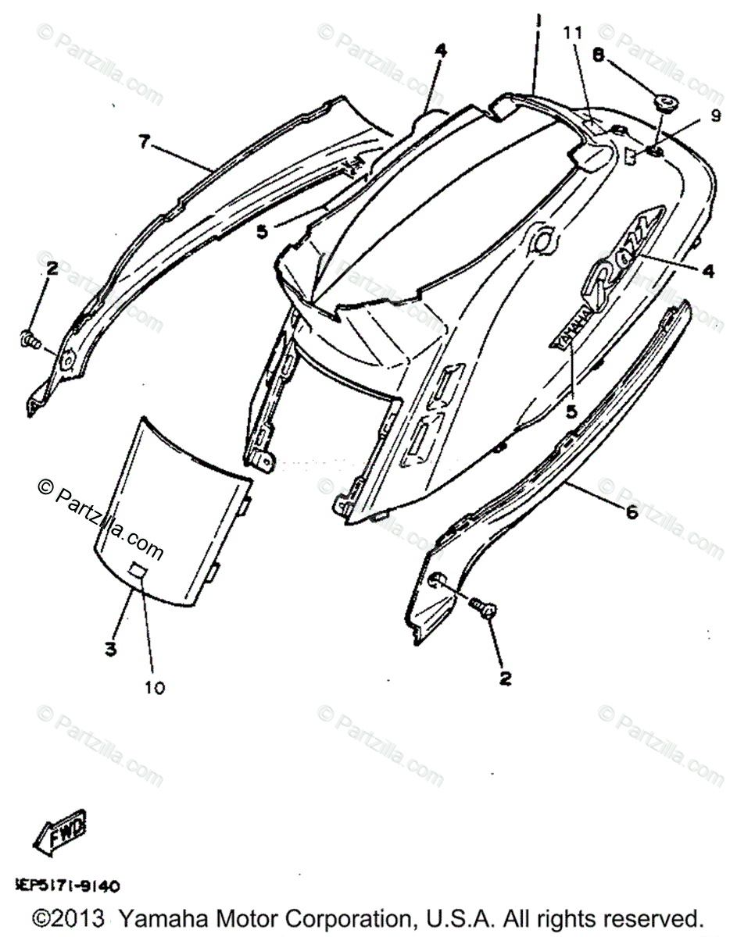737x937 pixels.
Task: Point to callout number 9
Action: pyautogui.click(x=716, y=116)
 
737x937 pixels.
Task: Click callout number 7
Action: pyautogui.click(x=143, y=142)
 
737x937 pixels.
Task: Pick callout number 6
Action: pyautogui.click(x=631, y=513)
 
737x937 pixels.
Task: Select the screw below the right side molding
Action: pyautogui.click(x=482, y=607)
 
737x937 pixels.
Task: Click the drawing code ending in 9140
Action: pyautogui.click(x=67, y=886)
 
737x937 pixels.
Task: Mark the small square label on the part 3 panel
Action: pyautogui.click(x=138, y=572)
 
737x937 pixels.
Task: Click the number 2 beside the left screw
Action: pyautogui.click(x=52, y=269)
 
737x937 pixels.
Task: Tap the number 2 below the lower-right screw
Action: pyautogui.click(x=505, y=679)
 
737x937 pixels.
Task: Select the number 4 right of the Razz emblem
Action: pyautogui.click(x=707, y=271)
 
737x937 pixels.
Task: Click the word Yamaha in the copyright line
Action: pyautogui.click(x=166, y=916)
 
